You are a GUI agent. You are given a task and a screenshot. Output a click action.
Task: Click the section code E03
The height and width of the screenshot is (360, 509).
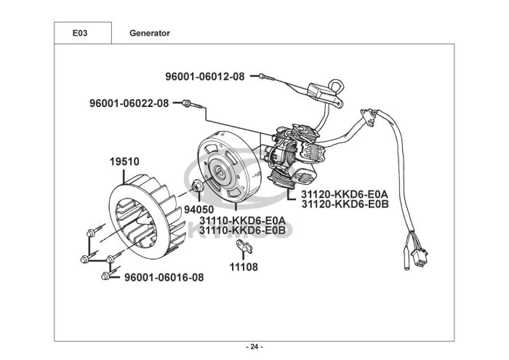(80, 33)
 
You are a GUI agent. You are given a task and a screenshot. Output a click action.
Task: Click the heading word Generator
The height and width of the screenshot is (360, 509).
(150, 33)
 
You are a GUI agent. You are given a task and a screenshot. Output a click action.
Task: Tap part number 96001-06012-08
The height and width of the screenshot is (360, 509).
(205, 76)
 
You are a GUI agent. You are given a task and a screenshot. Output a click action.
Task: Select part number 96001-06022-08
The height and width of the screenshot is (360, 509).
(129, 103)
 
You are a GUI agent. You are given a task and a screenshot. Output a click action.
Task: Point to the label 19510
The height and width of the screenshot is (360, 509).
(124, 161)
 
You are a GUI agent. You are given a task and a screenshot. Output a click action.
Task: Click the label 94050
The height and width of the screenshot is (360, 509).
(199, 209)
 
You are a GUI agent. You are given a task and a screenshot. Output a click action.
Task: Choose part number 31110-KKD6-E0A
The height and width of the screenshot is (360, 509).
(242, 220)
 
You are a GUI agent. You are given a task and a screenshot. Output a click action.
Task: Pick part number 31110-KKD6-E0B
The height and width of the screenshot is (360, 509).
(242, 230)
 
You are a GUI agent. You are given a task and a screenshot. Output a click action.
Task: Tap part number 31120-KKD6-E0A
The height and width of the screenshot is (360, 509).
(345, 194)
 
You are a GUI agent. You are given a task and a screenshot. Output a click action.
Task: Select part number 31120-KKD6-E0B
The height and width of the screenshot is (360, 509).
(345, 204)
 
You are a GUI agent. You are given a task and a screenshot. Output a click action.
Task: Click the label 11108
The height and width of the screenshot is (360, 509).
(244, 267)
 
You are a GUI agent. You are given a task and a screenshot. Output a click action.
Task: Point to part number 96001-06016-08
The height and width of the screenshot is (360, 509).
(164, 278)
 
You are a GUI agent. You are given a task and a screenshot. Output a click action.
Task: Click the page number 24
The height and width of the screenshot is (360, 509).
(254, 347)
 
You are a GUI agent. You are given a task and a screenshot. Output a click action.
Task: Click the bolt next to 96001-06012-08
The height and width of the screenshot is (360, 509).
(267, 77)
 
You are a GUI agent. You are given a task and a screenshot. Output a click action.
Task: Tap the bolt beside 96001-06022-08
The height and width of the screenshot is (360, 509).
(193, 104)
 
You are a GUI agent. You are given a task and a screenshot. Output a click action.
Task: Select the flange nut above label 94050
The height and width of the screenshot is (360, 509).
(197, 186)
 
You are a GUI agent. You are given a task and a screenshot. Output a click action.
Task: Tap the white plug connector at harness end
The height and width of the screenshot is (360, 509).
(419, 257)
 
